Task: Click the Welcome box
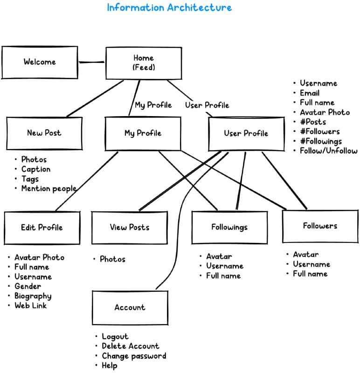[x=40, y=62]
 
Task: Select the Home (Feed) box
[x=143, y=63]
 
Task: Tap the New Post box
[x=44, y=133]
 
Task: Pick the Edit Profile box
[x=42, y=228]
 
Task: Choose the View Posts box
[x=130, y=228]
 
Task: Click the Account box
[x=130, y=308]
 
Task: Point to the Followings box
[x=229, y=228]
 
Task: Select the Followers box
[x=320, y=226]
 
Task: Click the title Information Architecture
[x=169, y=8]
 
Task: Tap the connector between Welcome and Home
[x=91, y=62]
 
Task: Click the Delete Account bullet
[x=130, y=346]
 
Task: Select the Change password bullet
[x=134, y=356]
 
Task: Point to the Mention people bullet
[x=48, y=189]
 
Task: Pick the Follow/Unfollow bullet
[x=328, y=151]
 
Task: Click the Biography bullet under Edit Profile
[x=33, y=296]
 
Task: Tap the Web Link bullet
[x=30, y=306]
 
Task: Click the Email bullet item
[x=309, y=93]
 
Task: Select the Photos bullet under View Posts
[x=112, y=259]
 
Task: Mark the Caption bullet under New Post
[x=35, y=169]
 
